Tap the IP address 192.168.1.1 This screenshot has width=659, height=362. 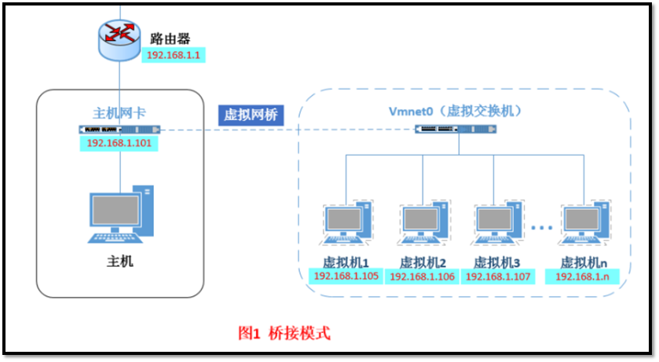[x=172, y=56]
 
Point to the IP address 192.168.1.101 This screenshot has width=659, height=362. [x=119, y=143]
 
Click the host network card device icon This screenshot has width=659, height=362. [x=119, y=129]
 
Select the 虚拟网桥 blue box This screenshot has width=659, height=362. [x=251, y=115]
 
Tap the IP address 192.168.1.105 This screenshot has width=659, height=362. [x=346, y=276]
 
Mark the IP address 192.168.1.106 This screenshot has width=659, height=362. [x=423, y=276]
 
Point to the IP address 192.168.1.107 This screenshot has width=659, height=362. [x=498, y=276]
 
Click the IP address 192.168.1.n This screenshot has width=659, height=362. [x=585, y=276]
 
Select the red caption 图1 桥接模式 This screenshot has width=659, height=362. [x=284, y=333]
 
